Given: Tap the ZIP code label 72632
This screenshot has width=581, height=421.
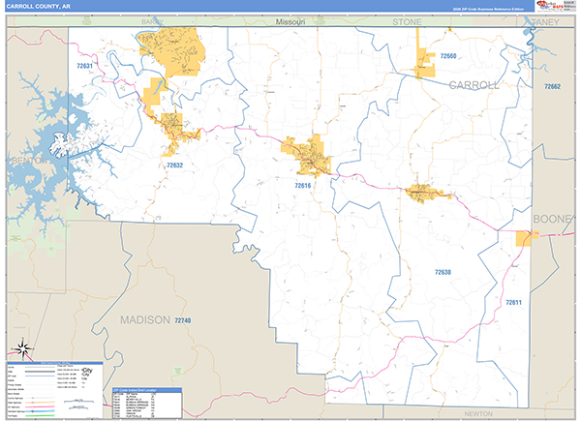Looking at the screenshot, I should (174, 165).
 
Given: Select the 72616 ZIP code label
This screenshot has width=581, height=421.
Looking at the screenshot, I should (303, 185).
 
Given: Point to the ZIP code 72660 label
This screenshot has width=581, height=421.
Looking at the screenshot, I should (447, 57).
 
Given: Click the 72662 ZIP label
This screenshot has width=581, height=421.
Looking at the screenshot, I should (552, 88).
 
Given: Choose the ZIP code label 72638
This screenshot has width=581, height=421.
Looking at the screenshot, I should (443, 273).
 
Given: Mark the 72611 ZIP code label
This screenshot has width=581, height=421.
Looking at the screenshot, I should (513, 303).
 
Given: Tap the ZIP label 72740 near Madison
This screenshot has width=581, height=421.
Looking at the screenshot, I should (182, 320).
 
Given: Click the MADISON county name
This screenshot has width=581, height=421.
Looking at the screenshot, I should (144, 319).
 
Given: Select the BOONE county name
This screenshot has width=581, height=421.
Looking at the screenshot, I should (552, 219).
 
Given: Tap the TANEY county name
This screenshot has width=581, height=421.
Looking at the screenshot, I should (545, 20).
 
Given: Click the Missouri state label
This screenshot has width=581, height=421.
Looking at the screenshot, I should (289, 20).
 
